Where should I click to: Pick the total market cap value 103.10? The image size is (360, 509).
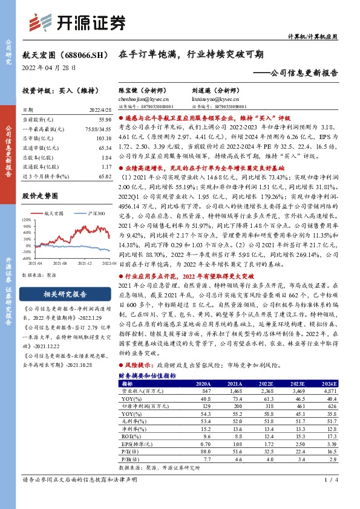(x=103, y=138)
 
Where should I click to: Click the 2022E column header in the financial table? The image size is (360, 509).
(x=264, y=383)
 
